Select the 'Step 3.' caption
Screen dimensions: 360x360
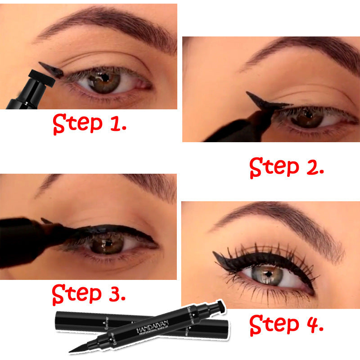click(88, 294)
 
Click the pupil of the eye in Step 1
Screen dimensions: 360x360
click(104, 78)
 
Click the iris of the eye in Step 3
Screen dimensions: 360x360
click(108, 245)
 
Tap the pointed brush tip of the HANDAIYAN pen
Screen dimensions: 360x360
click(74, 350)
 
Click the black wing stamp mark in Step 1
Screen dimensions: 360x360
click(50, 68)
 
